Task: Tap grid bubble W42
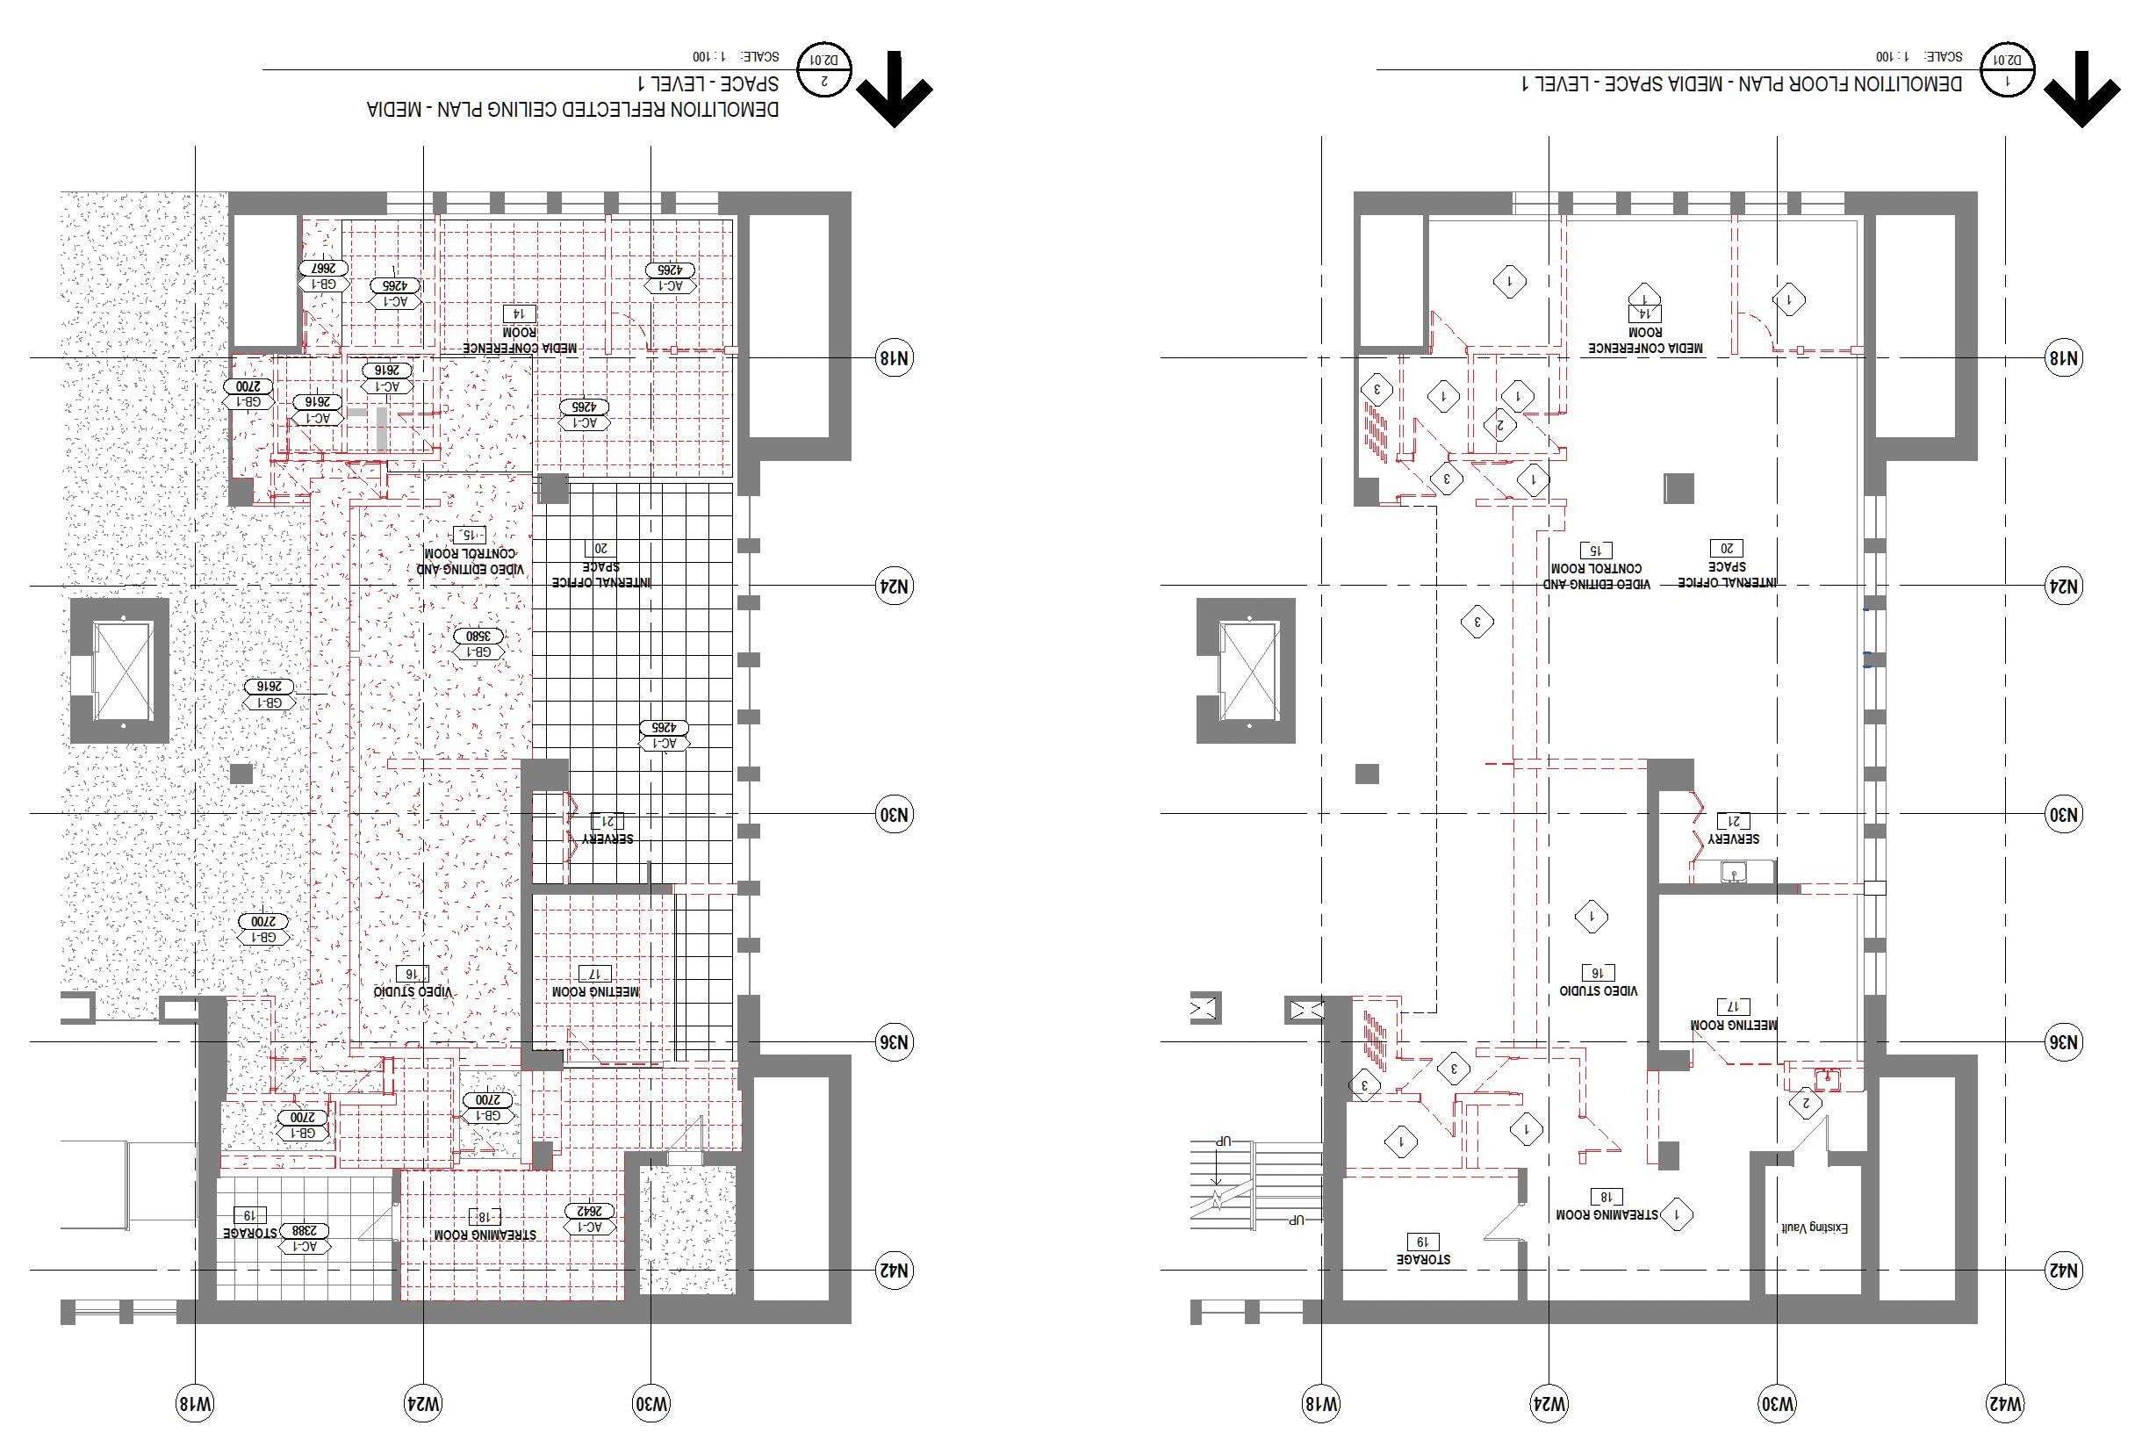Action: [2005, 1403]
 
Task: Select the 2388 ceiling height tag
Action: [304, 1229]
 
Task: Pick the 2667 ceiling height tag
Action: [323, 268]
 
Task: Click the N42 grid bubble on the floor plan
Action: [2064, 1271]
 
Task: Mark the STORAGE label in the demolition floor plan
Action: [1424, 1258]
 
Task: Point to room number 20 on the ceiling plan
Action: [601, 548]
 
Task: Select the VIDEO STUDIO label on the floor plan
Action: [1599, 991]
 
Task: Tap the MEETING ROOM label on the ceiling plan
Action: [595, 992]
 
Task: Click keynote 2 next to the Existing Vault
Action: [1806, 1103]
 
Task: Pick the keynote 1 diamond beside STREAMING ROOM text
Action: [1678, 1214]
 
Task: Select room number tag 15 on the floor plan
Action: [1596, 551]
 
